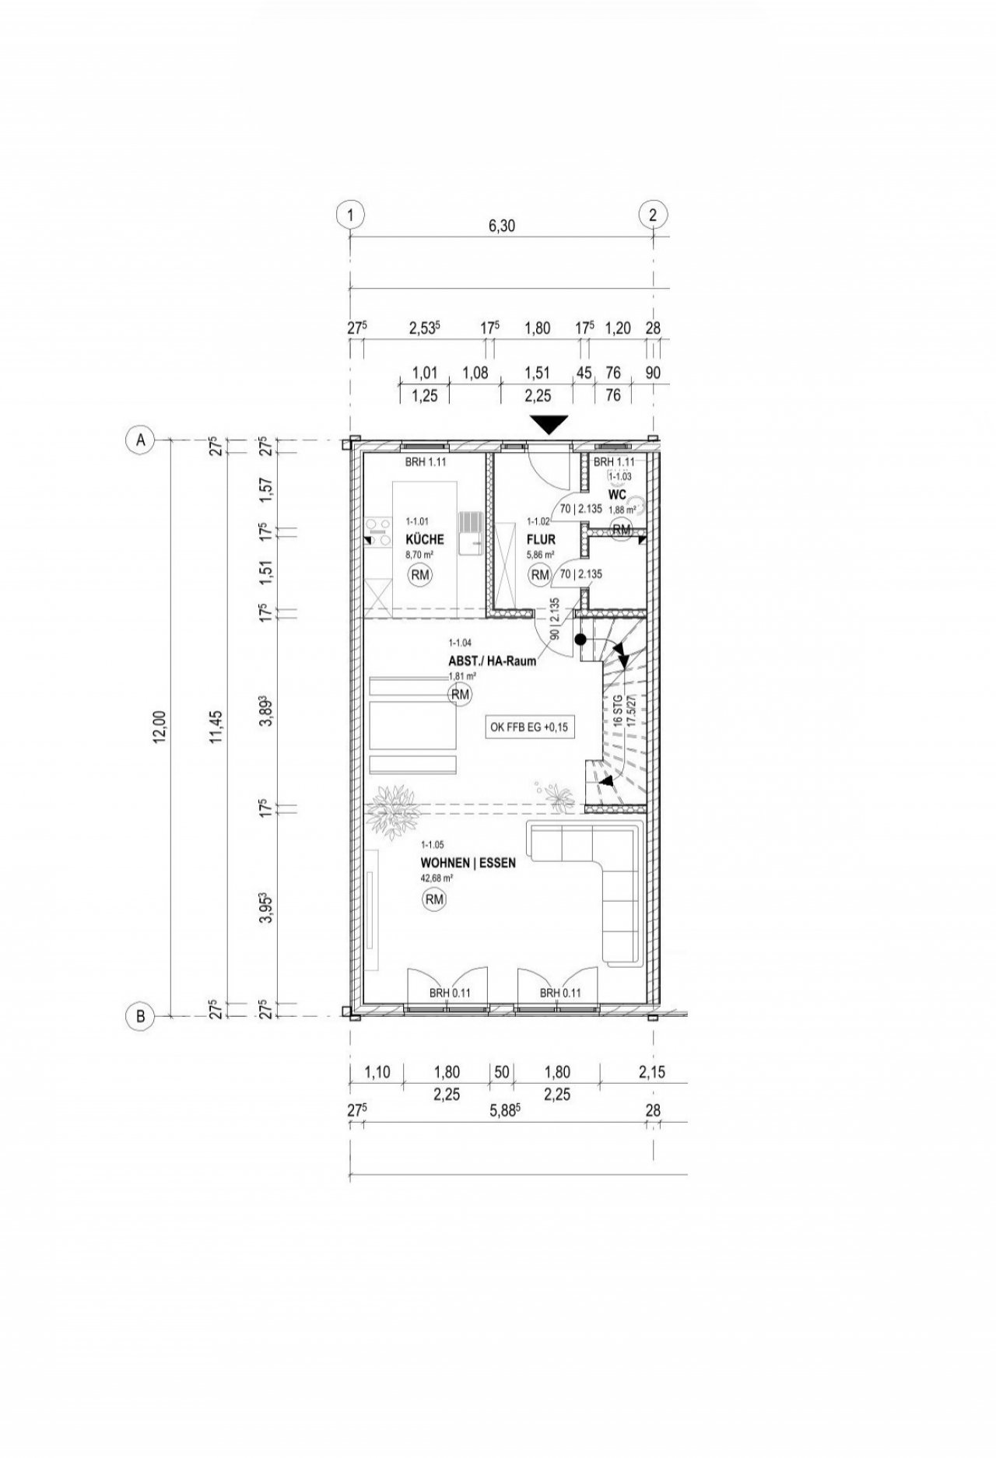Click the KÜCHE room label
tap(425, 539)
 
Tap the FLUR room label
tap(540, 539)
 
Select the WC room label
tap(617, 494)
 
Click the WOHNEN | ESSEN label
tap(468, 863)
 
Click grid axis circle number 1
tap(351, 215)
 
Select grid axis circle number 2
tap(653, 215)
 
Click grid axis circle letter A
tap(141, 440)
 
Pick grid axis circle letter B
tap(141, 1016)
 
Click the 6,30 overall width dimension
tap(502, 226)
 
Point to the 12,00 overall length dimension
tap(160, 727)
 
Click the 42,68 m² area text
tap(437, 878)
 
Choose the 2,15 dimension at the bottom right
tap(652, 1073)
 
